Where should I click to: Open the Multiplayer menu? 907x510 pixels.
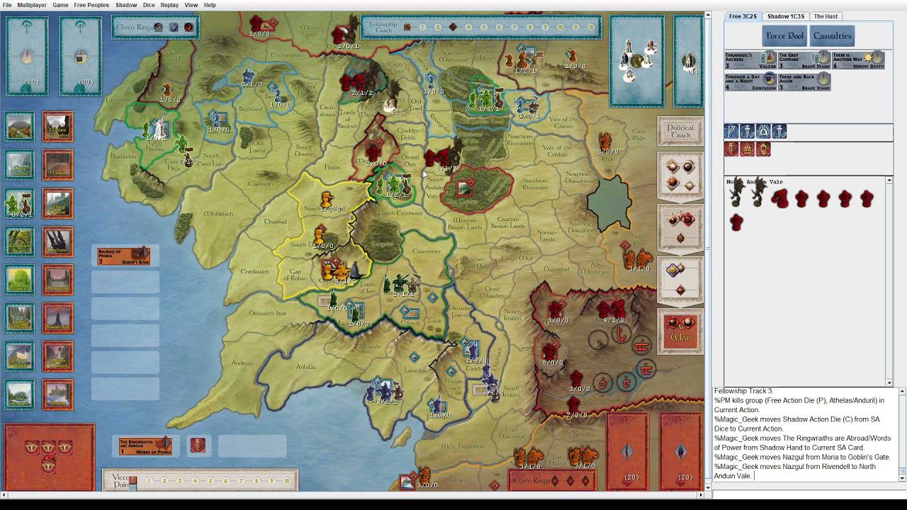33,5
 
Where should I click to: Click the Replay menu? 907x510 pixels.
169,5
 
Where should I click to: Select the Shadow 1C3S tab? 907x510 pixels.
785,16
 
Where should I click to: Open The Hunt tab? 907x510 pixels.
826,16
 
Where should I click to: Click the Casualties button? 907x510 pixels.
833,36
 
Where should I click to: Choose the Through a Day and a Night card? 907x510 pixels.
750,82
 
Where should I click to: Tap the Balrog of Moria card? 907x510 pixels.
123,256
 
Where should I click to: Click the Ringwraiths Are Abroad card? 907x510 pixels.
145,446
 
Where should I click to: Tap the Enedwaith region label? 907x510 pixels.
254,271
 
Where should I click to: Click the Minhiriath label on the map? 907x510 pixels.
218,213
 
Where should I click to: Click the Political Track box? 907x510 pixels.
680,132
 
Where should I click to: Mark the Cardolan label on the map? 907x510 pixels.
260,183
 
